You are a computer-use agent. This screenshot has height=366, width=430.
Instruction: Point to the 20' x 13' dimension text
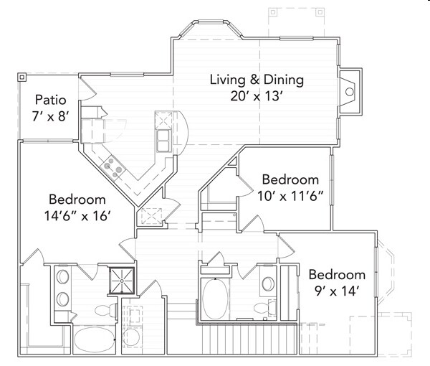coord(257,95)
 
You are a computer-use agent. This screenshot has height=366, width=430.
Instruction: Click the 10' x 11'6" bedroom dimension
coord(290,194)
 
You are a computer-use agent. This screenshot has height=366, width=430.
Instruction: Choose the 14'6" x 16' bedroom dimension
coord(79,215)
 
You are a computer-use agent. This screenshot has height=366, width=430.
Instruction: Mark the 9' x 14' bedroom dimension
coord(337,291)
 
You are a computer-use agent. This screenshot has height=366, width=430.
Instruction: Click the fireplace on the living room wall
coord(349,91)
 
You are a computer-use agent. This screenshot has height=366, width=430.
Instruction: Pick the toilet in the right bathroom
coord(263,309)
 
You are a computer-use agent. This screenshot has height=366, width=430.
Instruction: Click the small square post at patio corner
coord(21,75)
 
